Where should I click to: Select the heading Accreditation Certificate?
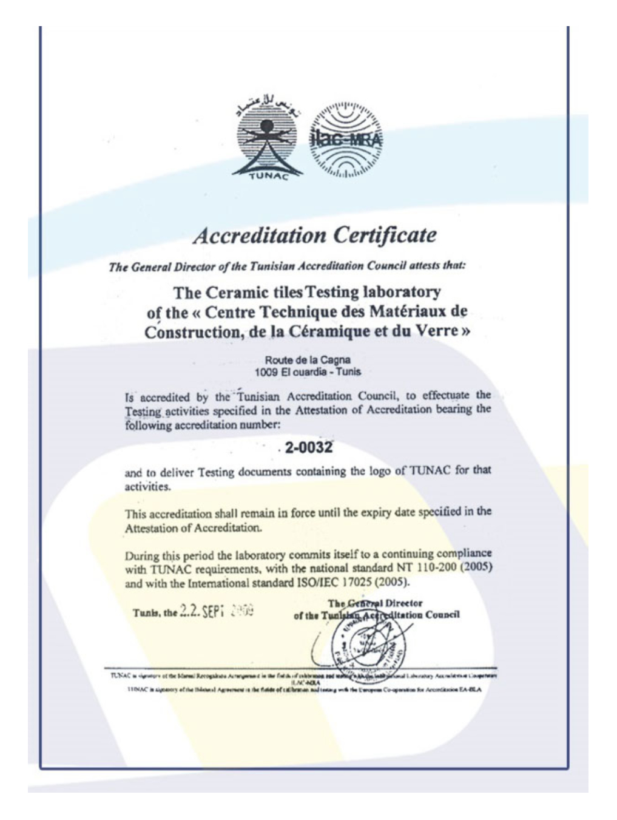[314, 235]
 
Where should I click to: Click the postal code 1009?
[266, 371]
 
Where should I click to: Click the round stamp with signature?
[364, 641]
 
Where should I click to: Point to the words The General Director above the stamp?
[375, 603]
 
